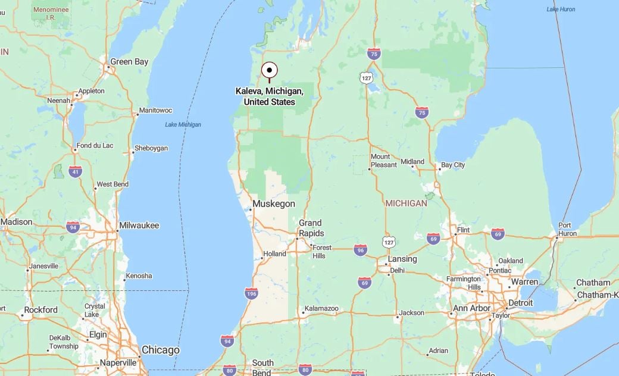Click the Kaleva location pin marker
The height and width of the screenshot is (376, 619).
270,70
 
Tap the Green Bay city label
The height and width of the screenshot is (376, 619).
129,61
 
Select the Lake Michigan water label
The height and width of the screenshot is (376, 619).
183,124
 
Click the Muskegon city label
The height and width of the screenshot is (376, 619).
273,204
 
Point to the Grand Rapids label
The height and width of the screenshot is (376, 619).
311,228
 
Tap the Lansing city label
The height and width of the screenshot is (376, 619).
402,259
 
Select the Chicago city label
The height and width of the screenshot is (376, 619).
160,350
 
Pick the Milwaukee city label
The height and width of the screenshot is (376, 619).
139,225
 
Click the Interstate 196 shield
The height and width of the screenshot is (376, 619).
251,293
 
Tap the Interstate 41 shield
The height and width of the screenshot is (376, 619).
75,171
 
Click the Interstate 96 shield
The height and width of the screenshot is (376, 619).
359,250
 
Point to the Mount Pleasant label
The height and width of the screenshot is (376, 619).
383,161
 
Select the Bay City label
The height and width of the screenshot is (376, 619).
452,165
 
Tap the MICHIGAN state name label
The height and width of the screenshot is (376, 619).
406,203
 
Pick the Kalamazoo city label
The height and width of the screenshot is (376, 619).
321,309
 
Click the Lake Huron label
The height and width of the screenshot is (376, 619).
561,9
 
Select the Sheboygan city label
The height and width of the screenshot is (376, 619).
151,148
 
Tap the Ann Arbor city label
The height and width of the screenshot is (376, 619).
471,308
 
